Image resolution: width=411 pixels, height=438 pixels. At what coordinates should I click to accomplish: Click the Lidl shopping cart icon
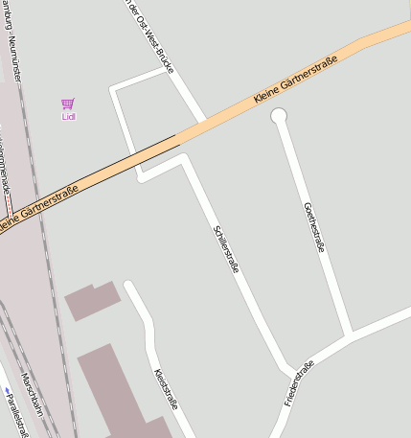click(x=67, y=104)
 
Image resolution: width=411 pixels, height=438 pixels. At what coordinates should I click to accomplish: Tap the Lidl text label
click(x=68, y=117)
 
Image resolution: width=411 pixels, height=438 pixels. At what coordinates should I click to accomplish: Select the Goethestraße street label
click(x=313, y=227)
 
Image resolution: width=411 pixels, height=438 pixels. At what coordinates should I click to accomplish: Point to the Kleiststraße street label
click(x=166, y=388)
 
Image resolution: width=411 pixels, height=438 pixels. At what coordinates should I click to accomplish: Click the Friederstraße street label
click(x=299, y=382)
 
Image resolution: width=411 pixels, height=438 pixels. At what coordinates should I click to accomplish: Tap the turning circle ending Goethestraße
click(x=279, y=116)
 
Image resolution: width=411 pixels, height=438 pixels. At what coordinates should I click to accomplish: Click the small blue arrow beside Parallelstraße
click(x=6, y=390)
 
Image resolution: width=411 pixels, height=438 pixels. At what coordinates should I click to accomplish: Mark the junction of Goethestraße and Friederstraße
click(x=350, y=335)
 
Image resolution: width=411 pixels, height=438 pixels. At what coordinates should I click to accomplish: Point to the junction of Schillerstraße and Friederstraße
click(x=289, y=371)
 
